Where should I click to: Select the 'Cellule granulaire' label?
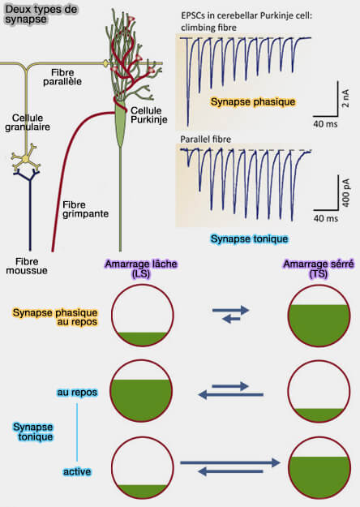(26, 131)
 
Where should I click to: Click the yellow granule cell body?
(29, 157)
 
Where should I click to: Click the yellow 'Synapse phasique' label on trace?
(252, 102)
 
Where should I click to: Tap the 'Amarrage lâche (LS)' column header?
(142, 269)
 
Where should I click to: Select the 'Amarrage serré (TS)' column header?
(318, 269)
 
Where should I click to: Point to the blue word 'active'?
(77, 471)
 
